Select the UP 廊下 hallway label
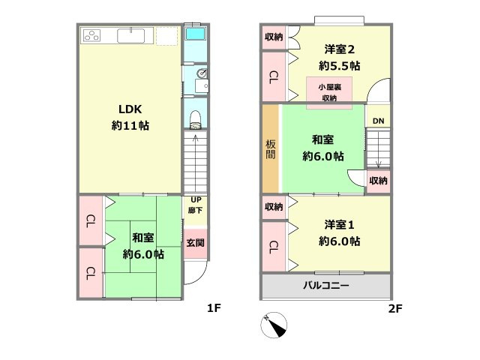[196, 205]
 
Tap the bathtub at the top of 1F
[196, 35]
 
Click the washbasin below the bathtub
[200, 74]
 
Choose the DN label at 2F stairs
[378, 120]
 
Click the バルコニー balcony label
[325, 286]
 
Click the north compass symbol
[274, 325]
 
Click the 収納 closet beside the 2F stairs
[379, 181]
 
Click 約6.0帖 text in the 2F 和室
[323, 156]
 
